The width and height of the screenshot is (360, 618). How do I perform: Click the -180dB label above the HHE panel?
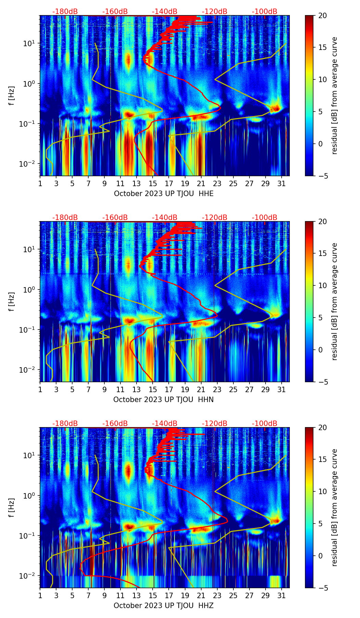[x=65, y=12]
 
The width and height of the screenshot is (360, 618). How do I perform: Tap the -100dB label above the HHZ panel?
[x=265, y=424]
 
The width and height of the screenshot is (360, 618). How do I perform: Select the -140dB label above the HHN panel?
[x=165, y=218]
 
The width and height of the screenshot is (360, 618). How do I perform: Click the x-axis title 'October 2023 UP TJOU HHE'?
[x=164, y=194]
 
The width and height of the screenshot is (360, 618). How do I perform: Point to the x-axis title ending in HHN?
[x=164, y=400]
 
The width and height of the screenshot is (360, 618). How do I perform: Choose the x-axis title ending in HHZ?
[x=164, y=606]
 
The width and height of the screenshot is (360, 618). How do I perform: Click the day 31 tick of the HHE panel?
[x=281, y=183]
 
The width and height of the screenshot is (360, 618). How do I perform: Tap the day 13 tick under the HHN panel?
[x=137, y=389]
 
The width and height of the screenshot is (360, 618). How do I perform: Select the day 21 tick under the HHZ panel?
[x=201, y=595]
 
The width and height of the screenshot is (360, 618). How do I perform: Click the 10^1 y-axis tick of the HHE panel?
[x=28, y=43]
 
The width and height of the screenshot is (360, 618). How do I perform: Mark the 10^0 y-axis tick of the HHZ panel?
[x=28, y=495]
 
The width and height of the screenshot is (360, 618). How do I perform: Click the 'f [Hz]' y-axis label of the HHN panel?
[x=12, y=301]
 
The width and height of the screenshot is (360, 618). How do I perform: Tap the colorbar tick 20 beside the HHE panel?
[x=322, y=16]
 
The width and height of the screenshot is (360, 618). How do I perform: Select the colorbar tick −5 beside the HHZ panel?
[x=322, y=588]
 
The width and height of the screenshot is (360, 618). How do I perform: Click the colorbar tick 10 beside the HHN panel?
[x=322, y=285]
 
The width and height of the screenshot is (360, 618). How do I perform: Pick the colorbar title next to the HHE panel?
[x=334, y=95]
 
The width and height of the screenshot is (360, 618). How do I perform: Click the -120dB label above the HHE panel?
[x=215, y=12]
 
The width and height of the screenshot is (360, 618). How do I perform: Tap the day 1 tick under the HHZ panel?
[x=40, y=595]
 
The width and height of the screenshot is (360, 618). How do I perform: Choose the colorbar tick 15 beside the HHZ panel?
[x=322, y=460]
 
